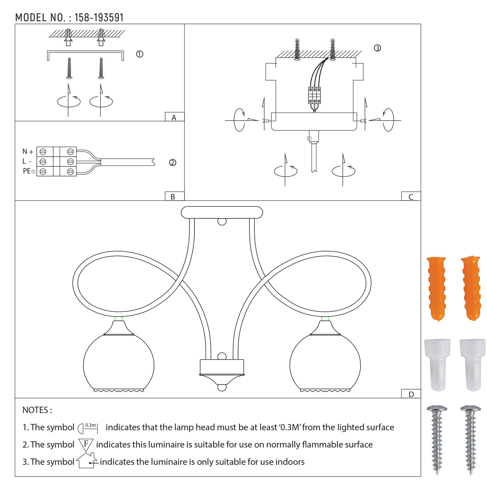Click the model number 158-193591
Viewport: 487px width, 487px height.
click(99, 18)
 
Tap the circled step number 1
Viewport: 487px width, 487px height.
click(140, 54)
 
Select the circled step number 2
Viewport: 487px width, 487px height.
click(173, 162)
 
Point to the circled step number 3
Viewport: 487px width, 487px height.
click(377, 48)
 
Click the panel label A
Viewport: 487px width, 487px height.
click(174, 118)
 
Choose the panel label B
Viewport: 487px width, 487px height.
click(173, 197)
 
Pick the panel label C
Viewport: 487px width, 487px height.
click(411, 197)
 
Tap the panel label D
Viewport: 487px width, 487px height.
click(411, 394)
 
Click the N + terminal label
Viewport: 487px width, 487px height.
click(28, 152)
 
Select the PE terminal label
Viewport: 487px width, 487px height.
click(29, 171)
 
